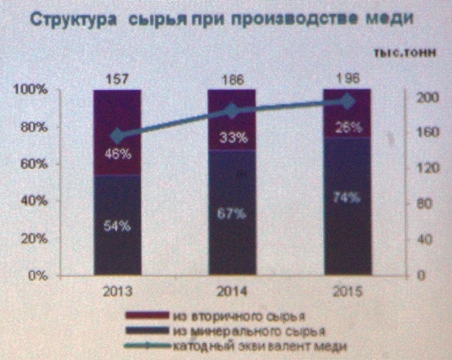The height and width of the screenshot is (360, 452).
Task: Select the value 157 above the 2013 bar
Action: coord(117,78)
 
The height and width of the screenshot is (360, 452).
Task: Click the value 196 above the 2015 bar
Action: coord(346,78)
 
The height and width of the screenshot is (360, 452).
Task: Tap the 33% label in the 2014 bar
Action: coord(231,136)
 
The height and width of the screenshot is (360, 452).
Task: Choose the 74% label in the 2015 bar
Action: coord(346,197)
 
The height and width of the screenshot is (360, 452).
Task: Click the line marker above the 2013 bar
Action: coord(117,136)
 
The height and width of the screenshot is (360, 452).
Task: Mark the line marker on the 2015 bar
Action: coord(346,102)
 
